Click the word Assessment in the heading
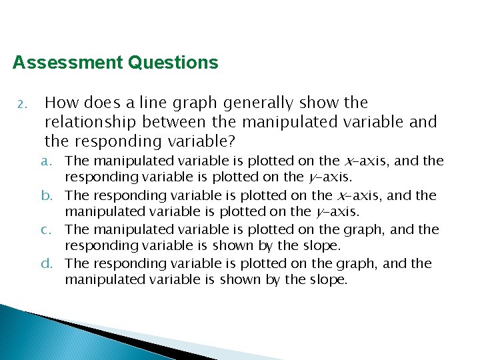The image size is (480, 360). tap(67, 63)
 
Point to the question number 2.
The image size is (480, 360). tap(21, 104)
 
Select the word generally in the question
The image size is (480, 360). tap(259, 103)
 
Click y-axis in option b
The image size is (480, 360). tap(337, 212)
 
